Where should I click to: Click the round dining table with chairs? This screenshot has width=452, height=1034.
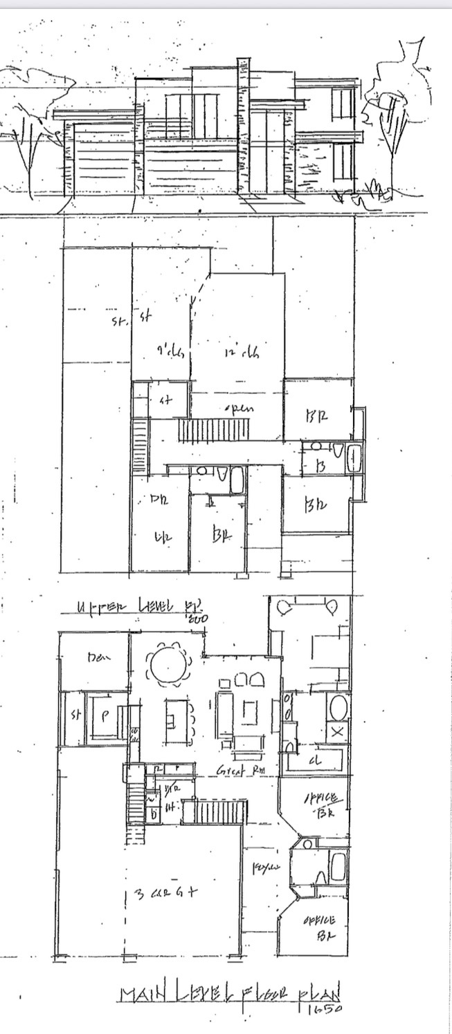pos(170,665)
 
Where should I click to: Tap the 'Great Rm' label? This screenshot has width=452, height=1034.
pos(233,770)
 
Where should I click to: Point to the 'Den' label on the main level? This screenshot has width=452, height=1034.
pos(96,657)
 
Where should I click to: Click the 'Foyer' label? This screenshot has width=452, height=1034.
pos(262,867)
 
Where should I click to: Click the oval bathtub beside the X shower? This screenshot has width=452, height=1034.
pos(337,708)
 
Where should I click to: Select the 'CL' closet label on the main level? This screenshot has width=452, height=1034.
pos(318,760)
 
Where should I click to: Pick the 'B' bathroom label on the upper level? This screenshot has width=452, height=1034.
pos(320,468)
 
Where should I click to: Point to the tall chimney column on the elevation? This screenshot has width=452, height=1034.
pos(243,128)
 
